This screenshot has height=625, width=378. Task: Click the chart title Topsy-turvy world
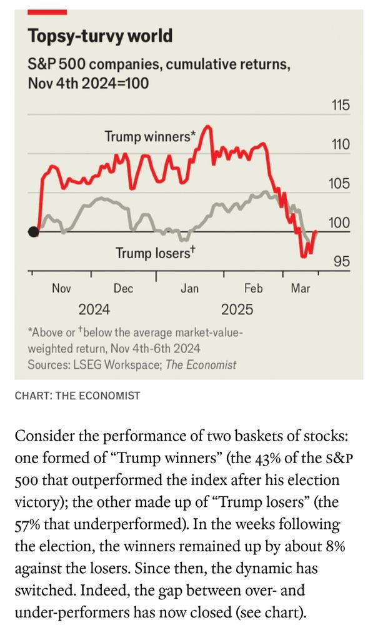pos(100,36)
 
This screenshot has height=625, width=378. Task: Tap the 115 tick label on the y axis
pos(339,106)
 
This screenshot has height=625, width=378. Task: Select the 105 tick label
pos(339,185)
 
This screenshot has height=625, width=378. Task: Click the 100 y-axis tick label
pos(339,224)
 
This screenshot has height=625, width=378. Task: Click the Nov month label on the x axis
pos(61,289)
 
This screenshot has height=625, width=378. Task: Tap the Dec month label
pos(124,289)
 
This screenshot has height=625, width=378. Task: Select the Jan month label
pos(189,289)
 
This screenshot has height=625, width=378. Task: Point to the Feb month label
pos(253,289)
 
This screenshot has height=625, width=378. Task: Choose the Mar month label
pos(301,289)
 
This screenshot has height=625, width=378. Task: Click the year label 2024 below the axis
pos(94,310)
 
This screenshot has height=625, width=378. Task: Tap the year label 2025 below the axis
pos(237,310)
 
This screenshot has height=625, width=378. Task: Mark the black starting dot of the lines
pos(34,232)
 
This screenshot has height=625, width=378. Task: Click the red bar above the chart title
pos(47,11)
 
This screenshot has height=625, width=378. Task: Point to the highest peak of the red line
pos(209,127)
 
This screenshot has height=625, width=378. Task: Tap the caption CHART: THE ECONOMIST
pos(77,396)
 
